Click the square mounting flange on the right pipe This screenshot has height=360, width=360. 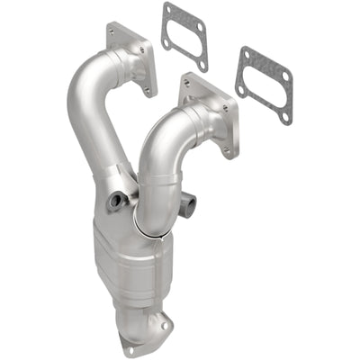(208, 114)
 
